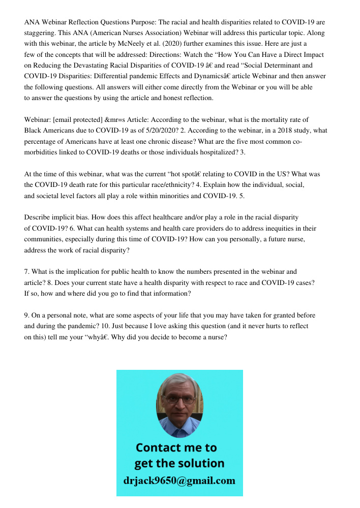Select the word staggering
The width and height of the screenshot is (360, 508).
pyautogui.click(x=41, y=33)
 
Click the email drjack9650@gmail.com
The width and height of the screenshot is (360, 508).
pyautogui.click(x=179, y=480)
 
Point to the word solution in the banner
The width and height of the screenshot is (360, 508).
pyautogui.click(x=200, y=463)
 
